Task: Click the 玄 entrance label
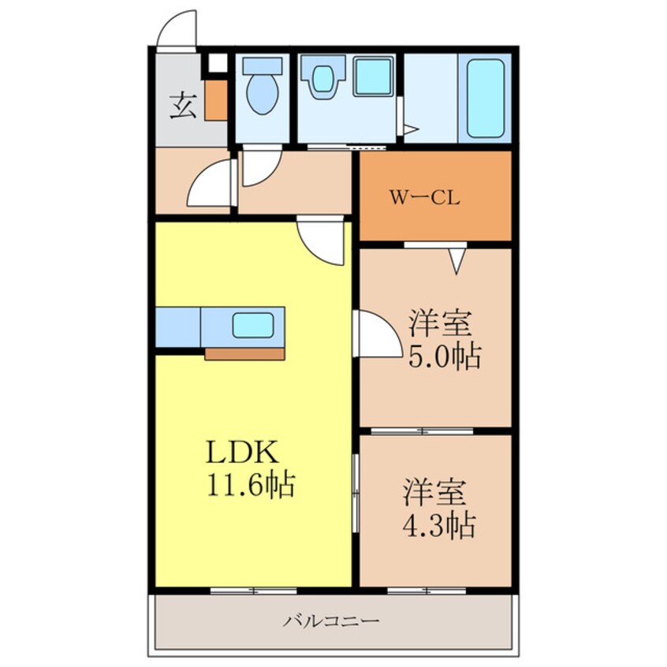tap(182, 105)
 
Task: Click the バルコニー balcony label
tap(332, 621)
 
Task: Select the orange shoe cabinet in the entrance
tap(216, 99)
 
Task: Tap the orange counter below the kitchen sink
tap(244, 353)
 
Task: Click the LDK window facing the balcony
tap(253, 590)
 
